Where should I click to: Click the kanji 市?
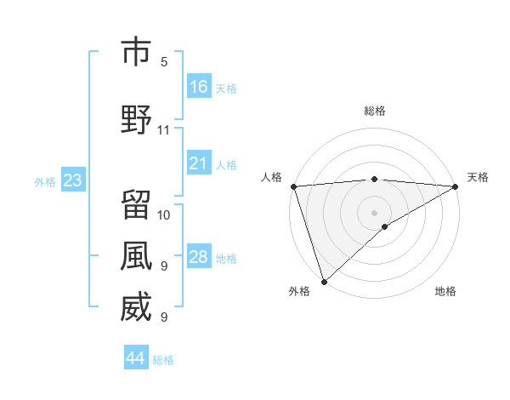(136, 53)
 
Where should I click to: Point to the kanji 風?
(136, 256)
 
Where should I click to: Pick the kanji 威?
(136, 307)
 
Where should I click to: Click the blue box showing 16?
(199, 86)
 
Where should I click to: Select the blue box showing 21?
(199, 163)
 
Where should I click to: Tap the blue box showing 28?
(199, 257)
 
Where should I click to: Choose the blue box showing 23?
(72, 180)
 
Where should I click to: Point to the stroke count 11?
(164, 130)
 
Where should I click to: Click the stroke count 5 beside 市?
(164, 61)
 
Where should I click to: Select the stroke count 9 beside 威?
(164, 317)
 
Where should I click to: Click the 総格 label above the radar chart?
(375, 111)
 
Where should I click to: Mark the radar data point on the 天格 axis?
(456, 186)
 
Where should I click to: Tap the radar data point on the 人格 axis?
(293, 186)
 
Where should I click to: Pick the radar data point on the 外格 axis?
(324, 281)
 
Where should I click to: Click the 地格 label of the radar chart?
(445, 292)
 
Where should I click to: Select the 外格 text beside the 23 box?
(45, 181)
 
